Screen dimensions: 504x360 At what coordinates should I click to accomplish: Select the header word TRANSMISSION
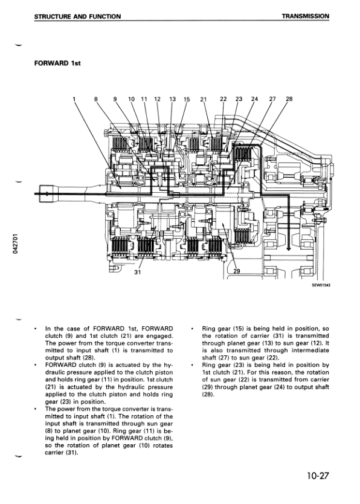(x=305, y=16)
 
